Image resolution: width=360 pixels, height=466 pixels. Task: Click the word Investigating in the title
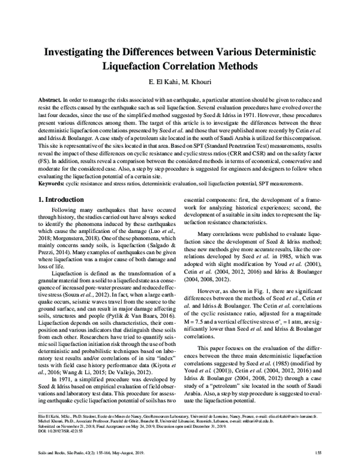coord(75,52)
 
